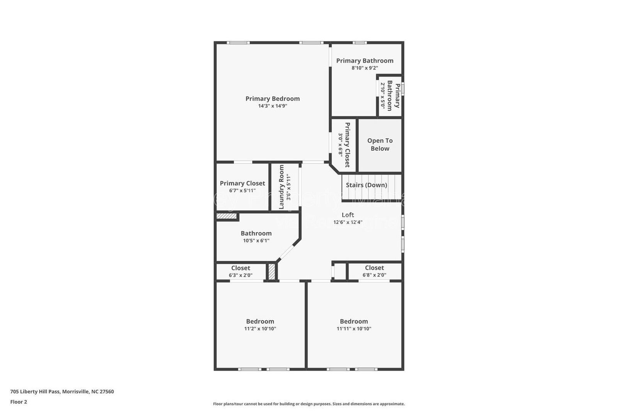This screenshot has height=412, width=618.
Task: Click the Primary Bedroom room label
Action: click(272, 99)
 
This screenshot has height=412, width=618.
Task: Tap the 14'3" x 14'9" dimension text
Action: click(272, 106)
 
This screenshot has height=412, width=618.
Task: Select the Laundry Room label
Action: click(282, 187)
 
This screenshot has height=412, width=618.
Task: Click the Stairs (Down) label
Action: click(366, 185)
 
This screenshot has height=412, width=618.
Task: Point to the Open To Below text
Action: click(380, 145)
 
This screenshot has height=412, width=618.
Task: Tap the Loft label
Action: click(348, 215)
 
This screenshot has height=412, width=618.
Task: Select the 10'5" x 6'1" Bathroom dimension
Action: click(256, 240)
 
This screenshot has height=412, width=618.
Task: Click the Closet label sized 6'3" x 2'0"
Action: click(241, 268)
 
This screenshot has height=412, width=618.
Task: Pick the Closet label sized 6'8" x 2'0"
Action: click(374, 268)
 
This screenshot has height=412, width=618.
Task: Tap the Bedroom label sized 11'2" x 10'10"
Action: click(260, 321)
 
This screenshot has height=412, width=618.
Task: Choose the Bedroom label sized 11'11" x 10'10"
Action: click(354, 321)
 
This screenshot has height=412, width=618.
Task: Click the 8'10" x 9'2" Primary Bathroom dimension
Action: click(365, 68)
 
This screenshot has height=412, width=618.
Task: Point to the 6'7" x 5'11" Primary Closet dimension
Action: click(242, 191)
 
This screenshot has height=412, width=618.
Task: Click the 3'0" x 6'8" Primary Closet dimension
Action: click(341, 145)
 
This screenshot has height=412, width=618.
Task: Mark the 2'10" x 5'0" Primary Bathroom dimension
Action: click(383, 95)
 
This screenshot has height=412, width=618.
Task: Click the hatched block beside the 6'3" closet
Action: click(272, 271)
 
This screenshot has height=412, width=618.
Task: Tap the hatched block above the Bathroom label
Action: click(226, 216)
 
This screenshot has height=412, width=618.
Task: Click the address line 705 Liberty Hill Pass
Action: click(62, 392)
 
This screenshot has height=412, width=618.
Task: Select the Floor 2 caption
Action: click(19, 402)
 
